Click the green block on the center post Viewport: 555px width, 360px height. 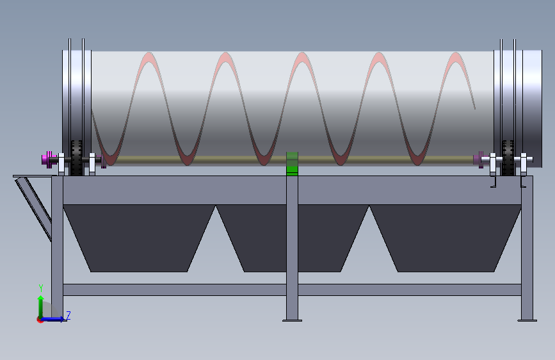point(292,164)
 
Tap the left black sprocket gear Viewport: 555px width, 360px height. point(77,158)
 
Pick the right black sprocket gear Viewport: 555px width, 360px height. point(510,158)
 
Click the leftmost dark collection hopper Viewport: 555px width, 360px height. point(138,237)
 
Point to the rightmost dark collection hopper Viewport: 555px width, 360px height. point(446,237)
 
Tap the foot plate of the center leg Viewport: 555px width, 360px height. point(293,320)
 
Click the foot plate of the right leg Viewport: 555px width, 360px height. point(527,320)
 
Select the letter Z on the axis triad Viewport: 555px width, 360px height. point(68,315)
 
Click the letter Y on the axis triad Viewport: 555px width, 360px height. point(40,288)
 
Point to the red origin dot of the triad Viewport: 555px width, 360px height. point(40,319)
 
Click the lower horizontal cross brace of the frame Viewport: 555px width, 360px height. point(192,290)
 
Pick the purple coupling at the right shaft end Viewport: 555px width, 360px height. point(478,158)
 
